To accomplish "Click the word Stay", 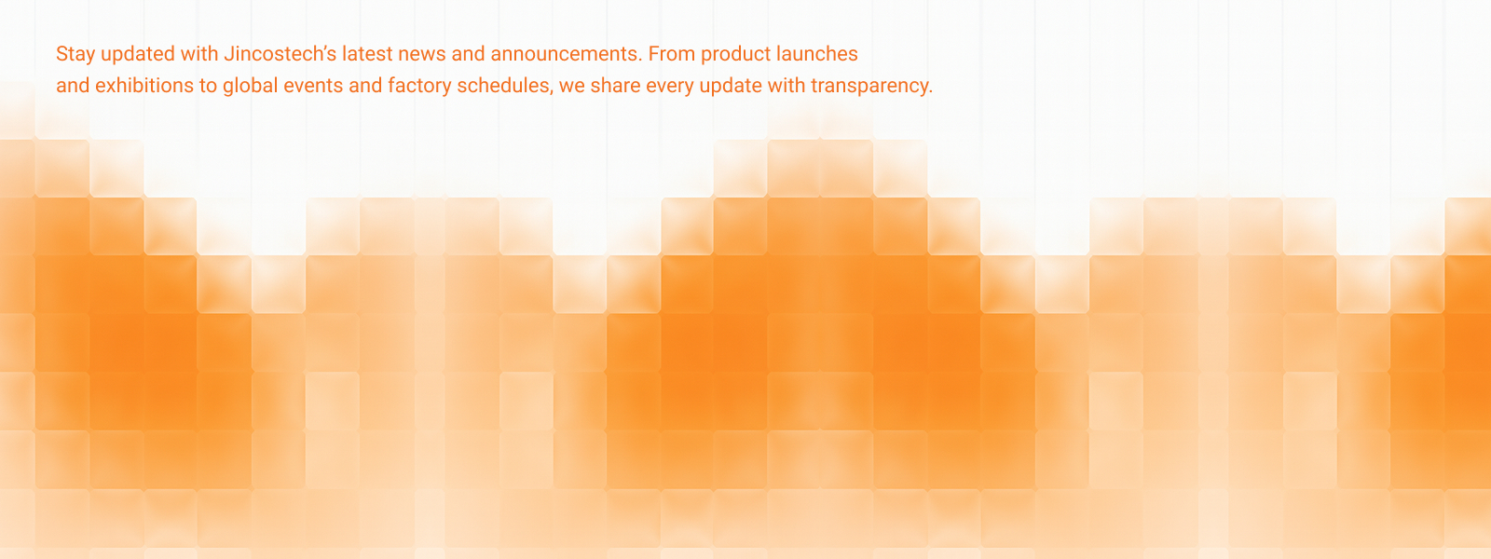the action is pos(75,55).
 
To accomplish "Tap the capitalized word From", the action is pos(672,54).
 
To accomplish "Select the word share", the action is pos(616,86).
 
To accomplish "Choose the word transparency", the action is pos(872,87).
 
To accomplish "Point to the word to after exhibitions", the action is pos(209,87).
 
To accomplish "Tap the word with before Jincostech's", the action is pos(199,54).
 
